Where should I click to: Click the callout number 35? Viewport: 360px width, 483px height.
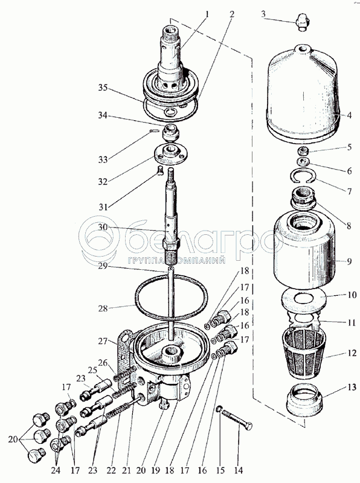point(103,88)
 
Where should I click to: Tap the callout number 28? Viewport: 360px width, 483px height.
point(103,309)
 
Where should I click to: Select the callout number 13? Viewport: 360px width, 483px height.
point(352,387)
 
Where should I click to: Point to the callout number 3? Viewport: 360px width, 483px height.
point(263,14)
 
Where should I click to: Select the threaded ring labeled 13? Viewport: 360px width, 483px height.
point(304,400)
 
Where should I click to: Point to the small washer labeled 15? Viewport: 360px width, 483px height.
point(218,409)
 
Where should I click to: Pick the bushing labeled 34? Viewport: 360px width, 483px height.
point(171,132)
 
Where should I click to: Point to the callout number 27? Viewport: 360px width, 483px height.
point(103,341)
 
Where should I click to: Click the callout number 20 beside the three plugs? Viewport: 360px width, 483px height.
point(13,440)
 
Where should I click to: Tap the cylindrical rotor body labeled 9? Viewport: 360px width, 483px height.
point(304,251)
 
